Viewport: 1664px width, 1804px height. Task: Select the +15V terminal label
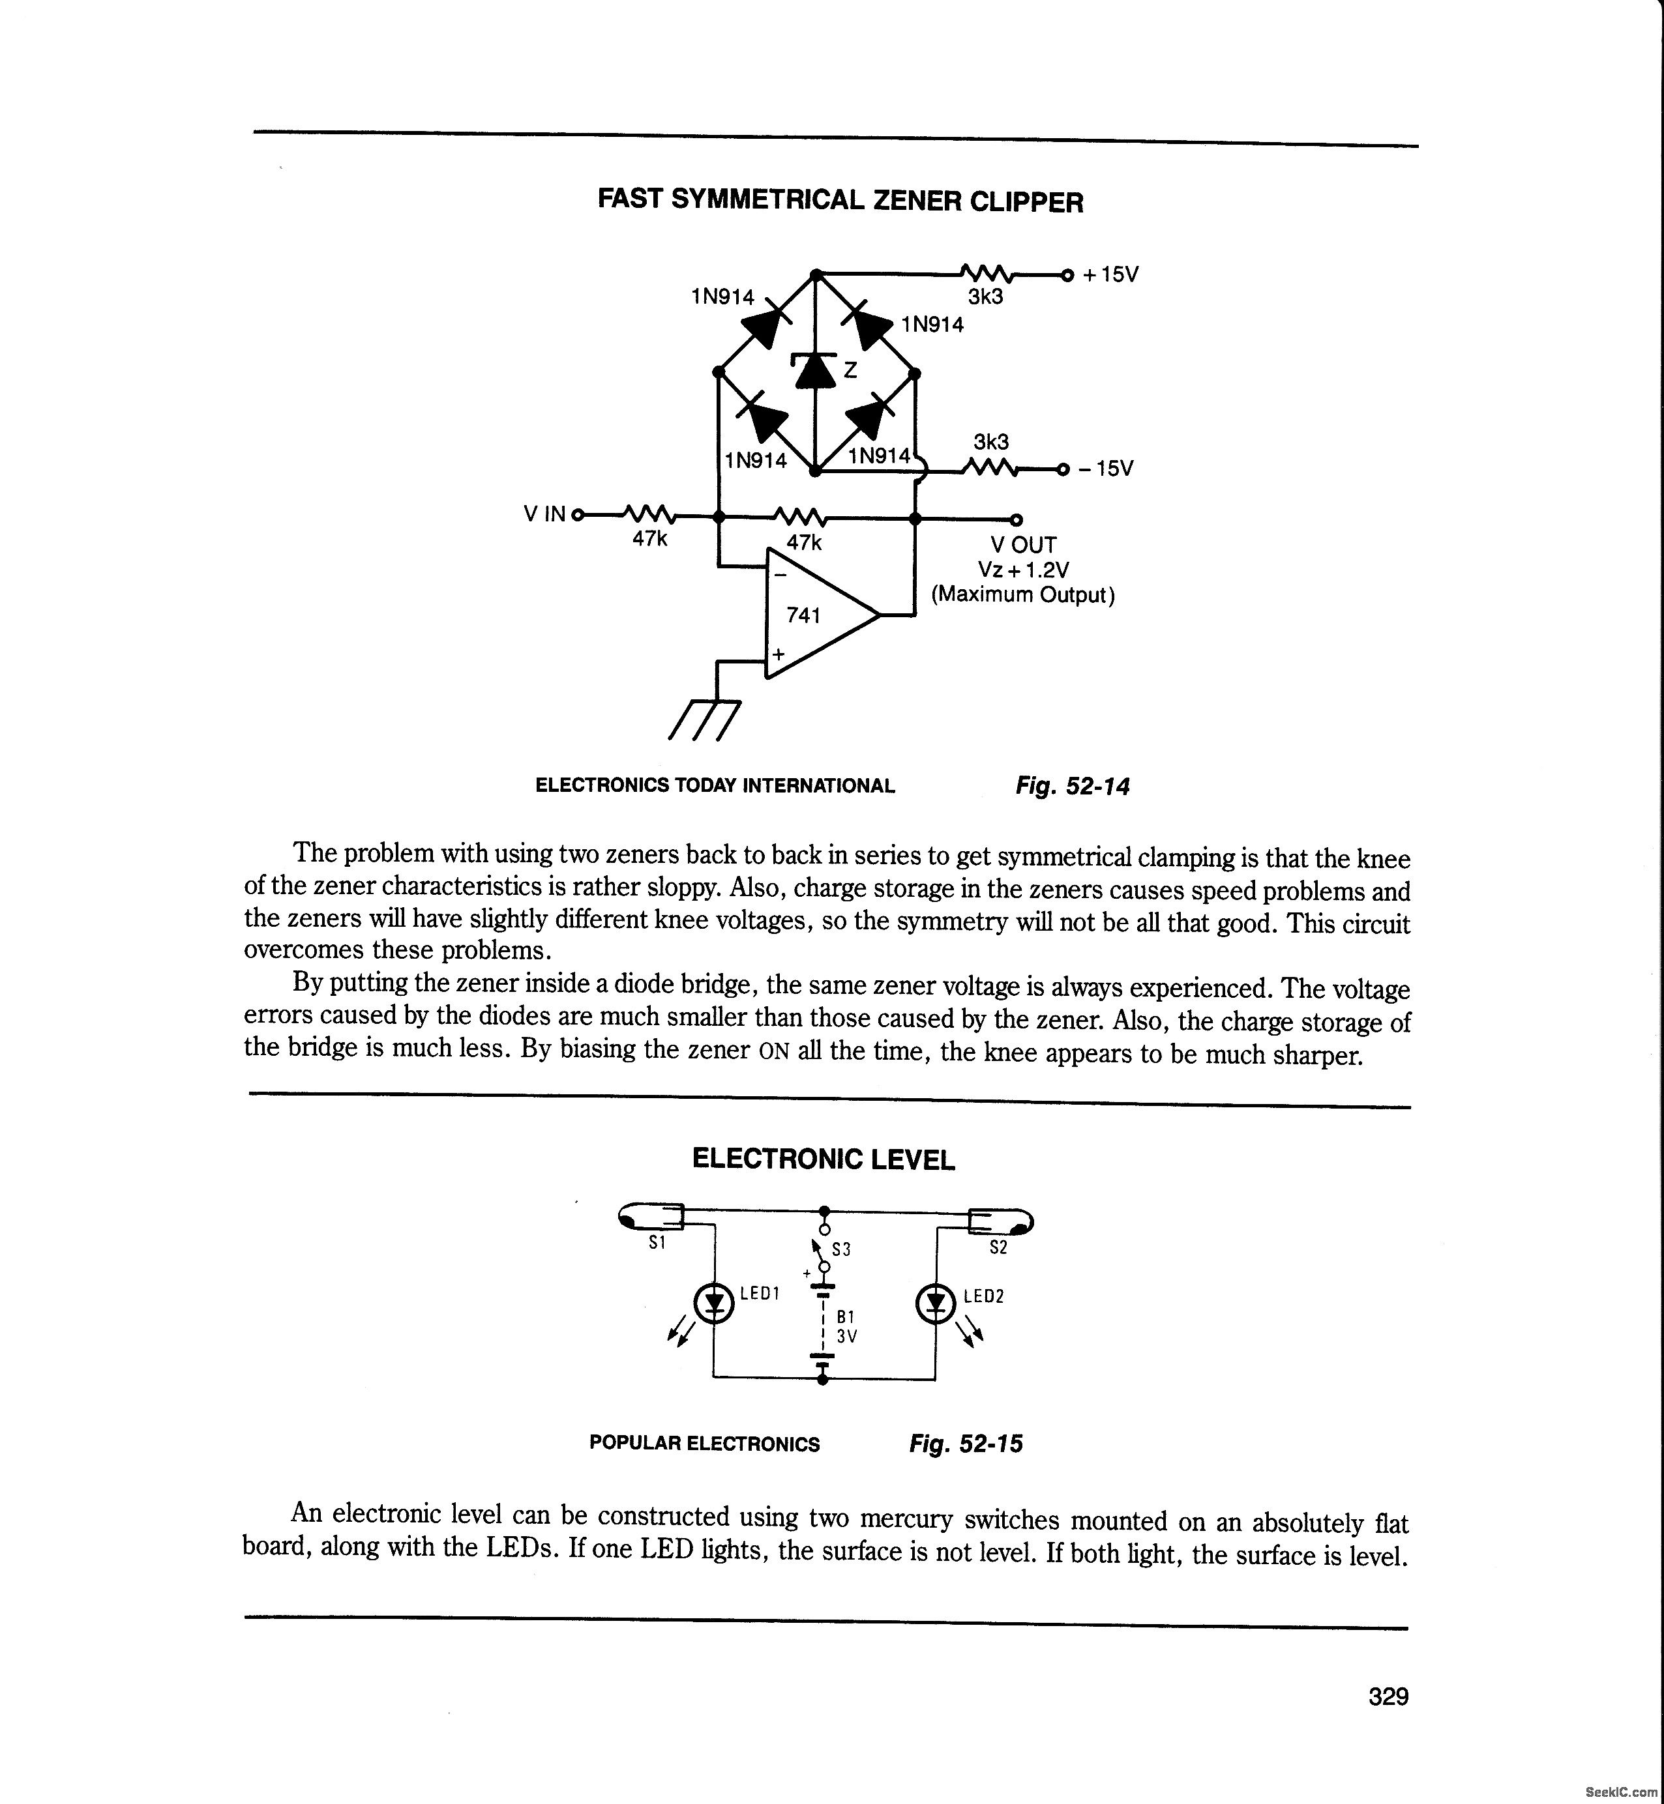(1110, 274)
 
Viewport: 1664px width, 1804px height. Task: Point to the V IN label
(544, 514)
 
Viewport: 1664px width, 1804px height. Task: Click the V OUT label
(1024, 545)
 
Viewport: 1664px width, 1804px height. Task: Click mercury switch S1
(653, 1218)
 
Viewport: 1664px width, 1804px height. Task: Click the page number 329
(1388, 1697)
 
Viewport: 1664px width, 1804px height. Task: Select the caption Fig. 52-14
(1071, 786)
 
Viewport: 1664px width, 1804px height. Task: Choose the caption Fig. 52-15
(966, 1444)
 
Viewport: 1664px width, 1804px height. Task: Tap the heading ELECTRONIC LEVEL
(823, 1159)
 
